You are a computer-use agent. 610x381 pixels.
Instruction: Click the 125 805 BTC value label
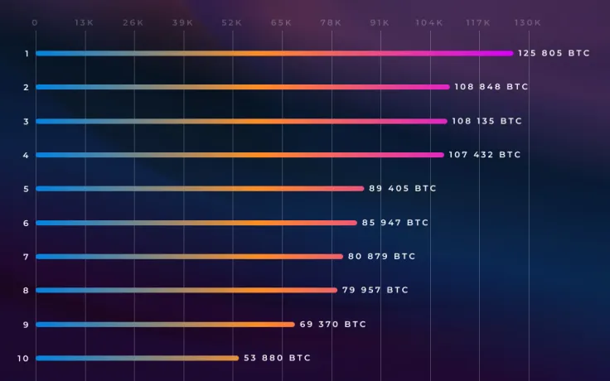pos(554,53)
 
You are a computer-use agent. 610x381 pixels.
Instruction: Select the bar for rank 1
pos(274,53)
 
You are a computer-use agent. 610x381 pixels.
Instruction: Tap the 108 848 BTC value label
pos(491,87)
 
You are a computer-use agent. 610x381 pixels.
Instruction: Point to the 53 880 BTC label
pos(277,358)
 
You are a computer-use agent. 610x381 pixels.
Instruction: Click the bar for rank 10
pos(137,358)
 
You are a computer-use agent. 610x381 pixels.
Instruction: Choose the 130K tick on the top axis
pos(528,23)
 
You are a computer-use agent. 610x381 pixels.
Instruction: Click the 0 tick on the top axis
pos(35,23)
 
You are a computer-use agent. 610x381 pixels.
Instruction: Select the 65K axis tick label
pos(281,23)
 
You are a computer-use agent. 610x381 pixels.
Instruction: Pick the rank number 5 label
pos(26,189)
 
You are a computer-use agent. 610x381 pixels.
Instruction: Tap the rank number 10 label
pos(23,358)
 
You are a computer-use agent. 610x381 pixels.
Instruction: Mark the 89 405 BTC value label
pos(402,189)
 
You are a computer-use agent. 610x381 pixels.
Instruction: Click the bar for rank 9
pos(165,324)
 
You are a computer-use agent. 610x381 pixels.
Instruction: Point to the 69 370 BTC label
pos(332,324)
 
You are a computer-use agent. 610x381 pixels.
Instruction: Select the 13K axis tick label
pos(84,23)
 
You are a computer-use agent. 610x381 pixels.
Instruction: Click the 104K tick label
pos(429,23)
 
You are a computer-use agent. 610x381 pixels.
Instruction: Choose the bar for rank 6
pos(196,223)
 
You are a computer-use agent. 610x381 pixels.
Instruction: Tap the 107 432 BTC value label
pos(484,155)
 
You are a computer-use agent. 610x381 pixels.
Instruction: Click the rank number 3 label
pos(26,121)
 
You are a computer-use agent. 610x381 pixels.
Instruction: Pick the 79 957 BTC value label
pos(375,290)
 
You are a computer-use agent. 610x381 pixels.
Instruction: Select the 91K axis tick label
pos(380,23)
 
